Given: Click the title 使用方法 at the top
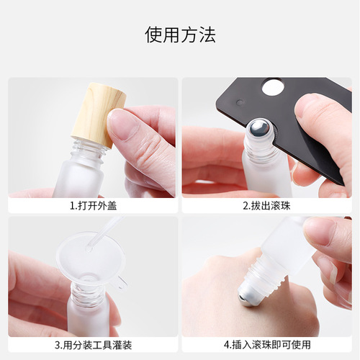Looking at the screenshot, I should pyautogui.click(x=180, y=34).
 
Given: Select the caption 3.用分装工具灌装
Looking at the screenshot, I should pyautogui.click(x=93, y=343).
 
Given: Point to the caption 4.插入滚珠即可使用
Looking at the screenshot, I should pyautogui.click(x=266, y=343).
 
